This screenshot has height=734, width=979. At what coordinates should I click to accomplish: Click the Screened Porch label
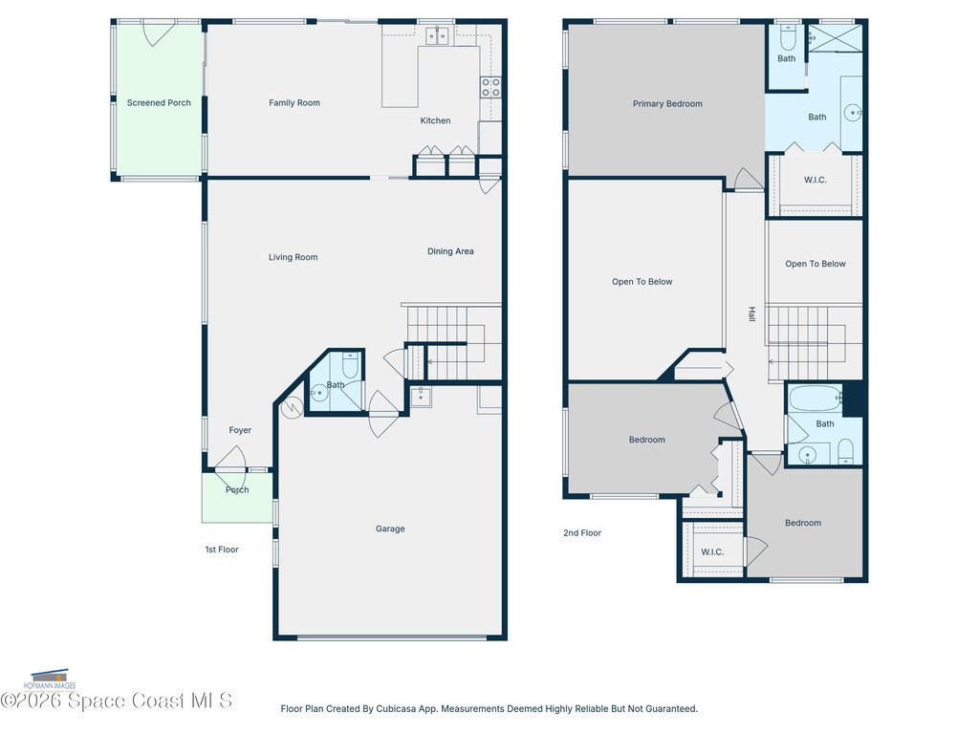(x=159, y=103)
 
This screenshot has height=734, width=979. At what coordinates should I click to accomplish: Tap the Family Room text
(x=294, y=103)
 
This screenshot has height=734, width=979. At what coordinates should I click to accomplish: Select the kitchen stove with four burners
(x=490, y=87)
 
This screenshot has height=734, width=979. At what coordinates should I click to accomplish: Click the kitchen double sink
(x=437, y=36)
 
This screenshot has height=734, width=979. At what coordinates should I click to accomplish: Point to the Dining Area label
(x=450, y=251)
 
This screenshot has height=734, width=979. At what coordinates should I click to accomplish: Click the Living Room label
(x=293, y=257)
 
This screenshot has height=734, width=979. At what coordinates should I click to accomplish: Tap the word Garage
(x=390, y=529)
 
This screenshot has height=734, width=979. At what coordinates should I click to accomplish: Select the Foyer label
(x=240, y=430)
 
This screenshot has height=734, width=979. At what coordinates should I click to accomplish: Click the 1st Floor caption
(x=222, y=550)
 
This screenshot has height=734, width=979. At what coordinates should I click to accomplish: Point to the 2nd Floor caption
(x=582, y=533)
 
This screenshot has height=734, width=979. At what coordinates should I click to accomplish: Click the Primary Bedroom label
(x=667, y=103)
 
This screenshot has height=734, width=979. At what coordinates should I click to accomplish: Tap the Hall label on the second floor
(x=751, y=313)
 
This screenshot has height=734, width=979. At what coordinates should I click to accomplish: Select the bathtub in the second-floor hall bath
(x=816, y=399)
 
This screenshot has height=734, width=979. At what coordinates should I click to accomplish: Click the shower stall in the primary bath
(x=836, y=38)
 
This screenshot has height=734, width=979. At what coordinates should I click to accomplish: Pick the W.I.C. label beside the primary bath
(x=815, y=180)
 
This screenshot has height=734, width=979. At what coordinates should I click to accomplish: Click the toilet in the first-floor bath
(x=350, y=365)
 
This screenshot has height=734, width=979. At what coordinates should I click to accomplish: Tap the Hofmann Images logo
(x=50, y=680)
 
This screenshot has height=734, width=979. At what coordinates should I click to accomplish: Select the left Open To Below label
(x=642, y=282)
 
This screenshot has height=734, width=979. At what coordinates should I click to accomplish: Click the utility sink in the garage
(x=421, y=397)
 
